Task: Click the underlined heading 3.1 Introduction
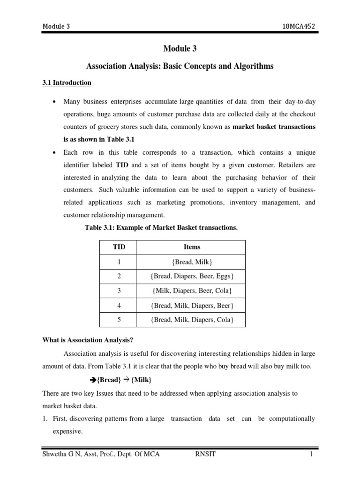tap(67, 83)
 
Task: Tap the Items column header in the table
tap(192, 247)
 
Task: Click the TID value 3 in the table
tap(119, 291)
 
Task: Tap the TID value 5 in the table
tap(119, 320)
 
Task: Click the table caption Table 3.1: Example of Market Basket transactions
tap(161, 228)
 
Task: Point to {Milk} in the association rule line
tap(141, 379)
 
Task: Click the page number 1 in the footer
tap(311, 454)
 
